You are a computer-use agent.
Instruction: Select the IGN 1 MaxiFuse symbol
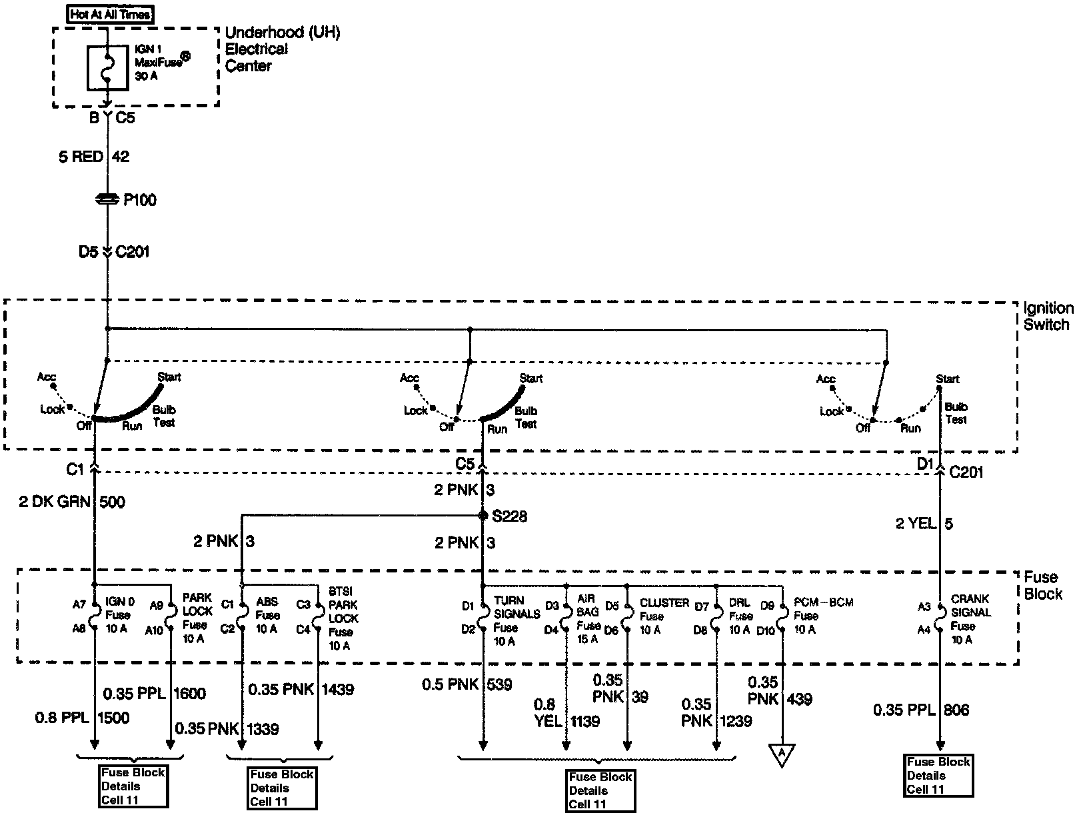[x=107, y=67]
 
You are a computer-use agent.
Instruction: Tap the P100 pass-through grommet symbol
[x=107, y=199]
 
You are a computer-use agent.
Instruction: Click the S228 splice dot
[x=482, y=516]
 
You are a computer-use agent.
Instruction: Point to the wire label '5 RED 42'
[x=94, y=157]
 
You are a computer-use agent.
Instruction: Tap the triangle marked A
[x=782, y=754]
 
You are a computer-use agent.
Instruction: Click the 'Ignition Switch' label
[x=1048, y=317]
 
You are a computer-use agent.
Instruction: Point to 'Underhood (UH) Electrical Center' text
[x=282, y=49]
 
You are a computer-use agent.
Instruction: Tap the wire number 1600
[x=189, y=693]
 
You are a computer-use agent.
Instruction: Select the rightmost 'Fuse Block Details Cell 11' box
[x=938, y=775]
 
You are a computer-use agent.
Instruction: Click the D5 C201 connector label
[x=113, y=252]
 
